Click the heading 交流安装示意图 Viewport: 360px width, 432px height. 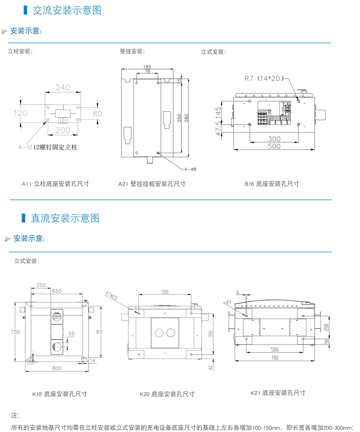67,10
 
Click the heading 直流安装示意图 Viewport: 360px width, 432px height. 65,218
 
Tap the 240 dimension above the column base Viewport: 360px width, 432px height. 63,87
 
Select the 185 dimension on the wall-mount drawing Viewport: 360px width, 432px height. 147,67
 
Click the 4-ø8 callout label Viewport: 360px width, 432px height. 190,169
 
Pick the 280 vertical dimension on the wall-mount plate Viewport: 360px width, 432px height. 186,118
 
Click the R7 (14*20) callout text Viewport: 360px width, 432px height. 264,78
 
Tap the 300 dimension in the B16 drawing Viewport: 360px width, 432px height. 274,139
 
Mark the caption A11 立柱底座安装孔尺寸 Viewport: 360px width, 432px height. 55,184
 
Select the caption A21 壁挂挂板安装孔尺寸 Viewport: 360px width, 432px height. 152,184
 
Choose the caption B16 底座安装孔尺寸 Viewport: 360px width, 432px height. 272,184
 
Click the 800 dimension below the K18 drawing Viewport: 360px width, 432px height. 57,368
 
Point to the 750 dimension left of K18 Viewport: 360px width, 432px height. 15,332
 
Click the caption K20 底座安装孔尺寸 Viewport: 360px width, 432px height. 167,394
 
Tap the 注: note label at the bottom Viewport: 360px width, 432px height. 15,415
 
